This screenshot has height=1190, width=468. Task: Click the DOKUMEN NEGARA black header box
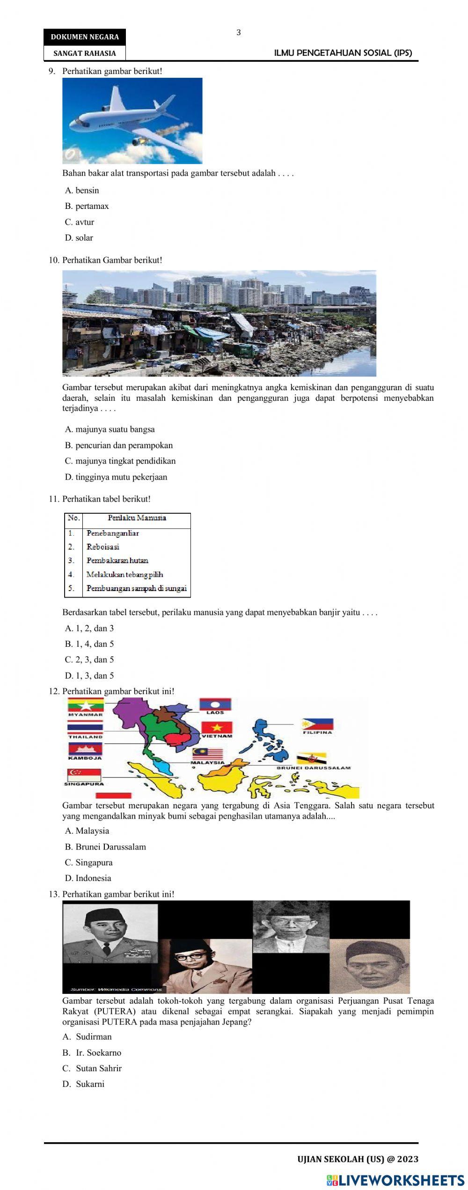click(x=85, y=37)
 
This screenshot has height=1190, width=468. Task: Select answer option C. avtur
click(x=80, y=222)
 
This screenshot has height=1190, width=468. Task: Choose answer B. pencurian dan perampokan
click(x=119, y=445)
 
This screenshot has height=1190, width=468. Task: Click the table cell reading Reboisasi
click(x=103, y=547)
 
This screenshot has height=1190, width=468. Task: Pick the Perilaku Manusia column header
click(x=137, y=518)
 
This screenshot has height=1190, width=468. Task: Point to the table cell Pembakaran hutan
click(x=117, y=561)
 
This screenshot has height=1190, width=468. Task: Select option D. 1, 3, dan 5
click(x=89, y=676)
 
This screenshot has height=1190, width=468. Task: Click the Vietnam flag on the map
click(x=217, y=728)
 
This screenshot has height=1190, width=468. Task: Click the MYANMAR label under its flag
click(x=85, y=715)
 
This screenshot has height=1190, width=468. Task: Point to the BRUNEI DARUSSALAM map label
click(x=313, y=768)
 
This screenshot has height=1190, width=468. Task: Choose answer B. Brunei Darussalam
click(x=105, y=847)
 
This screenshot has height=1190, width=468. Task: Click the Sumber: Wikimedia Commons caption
click(x=116, y=990)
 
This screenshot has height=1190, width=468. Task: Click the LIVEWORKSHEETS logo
click(x=395, y=1180)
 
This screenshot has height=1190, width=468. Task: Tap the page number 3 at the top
click(x=239, y=33)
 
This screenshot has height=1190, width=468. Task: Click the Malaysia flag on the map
click(x=207, y=754)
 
